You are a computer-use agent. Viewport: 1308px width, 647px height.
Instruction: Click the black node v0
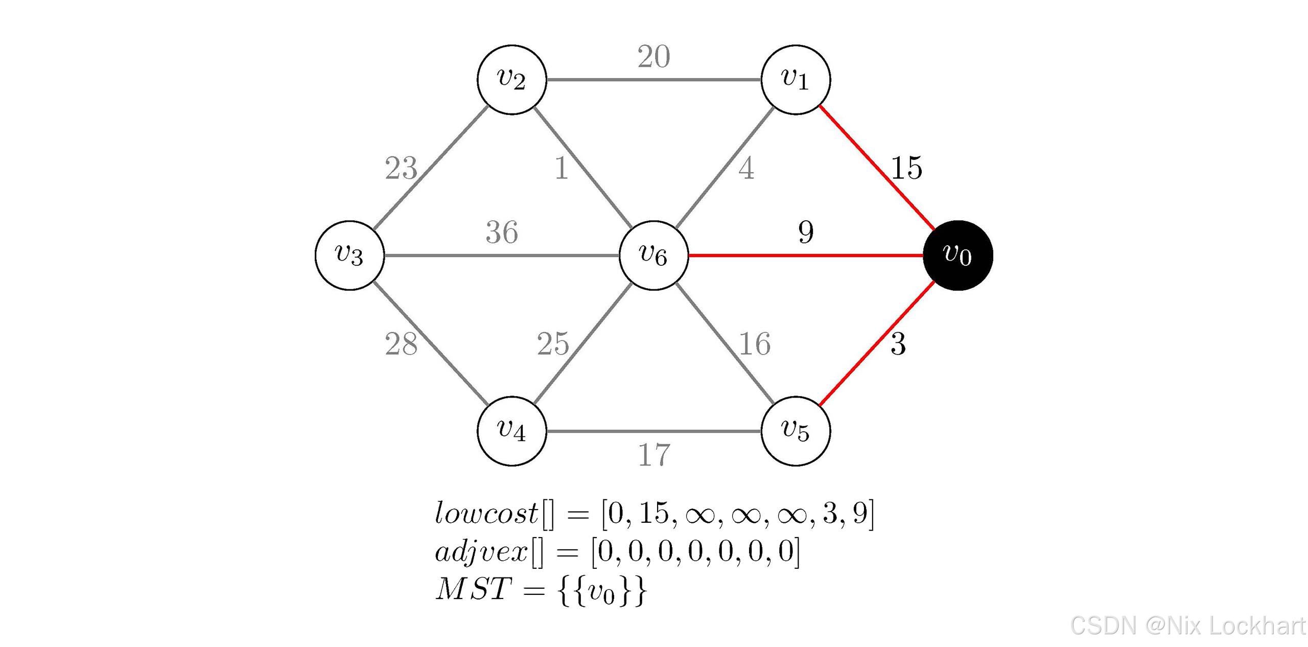coord(957,256)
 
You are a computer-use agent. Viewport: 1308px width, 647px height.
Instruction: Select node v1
coord(796,80)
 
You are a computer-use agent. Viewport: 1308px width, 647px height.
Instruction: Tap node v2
coord(511,80)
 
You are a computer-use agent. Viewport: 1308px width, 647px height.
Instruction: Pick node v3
coord(349,256)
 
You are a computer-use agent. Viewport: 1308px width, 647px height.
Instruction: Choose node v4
coord(511,431)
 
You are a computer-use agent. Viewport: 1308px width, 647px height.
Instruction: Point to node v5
coord(796,431)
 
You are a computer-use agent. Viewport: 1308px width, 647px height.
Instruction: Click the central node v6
coord(653,256)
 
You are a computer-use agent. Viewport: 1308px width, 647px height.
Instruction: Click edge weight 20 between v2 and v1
coord(653,57)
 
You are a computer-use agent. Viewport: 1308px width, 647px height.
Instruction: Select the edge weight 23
coord(401,168)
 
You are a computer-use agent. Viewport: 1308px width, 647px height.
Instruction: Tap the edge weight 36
coord(502,233)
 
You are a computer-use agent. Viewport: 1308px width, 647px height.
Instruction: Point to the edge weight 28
coord(401,344)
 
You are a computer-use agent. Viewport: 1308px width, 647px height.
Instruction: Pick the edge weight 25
coord(553,344)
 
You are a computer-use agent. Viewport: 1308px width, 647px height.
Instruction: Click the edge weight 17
coord(653,455)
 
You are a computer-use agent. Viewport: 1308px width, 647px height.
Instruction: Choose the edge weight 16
coord(755,344)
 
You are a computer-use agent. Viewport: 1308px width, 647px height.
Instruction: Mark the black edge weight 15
coord(906,168)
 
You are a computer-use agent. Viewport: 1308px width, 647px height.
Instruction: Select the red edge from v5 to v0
coord(877,344)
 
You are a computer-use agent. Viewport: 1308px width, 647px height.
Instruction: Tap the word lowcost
coord(486,513)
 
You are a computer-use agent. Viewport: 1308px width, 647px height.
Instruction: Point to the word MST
coord(473,589)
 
